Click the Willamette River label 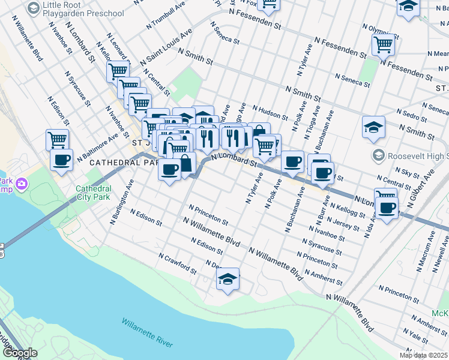pos(147,333)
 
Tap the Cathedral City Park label pos(93,192)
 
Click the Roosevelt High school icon pos(378,156)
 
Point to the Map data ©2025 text pos(423,355)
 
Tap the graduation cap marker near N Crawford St pos(228,279)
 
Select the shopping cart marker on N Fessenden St pos(383,43)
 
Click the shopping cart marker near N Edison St pos(57,139)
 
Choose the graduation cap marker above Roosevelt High pos(373,127)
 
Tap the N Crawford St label pos(178,262)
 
